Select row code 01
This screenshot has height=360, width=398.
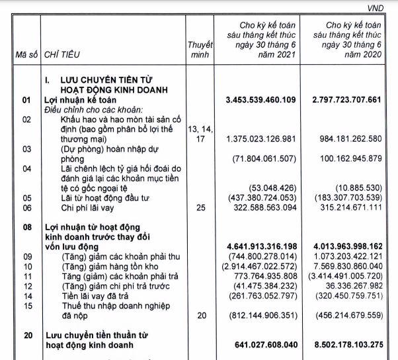(x=26, y=100)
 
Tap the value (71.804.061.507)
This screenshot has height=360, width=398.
(x=270, y=159)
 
